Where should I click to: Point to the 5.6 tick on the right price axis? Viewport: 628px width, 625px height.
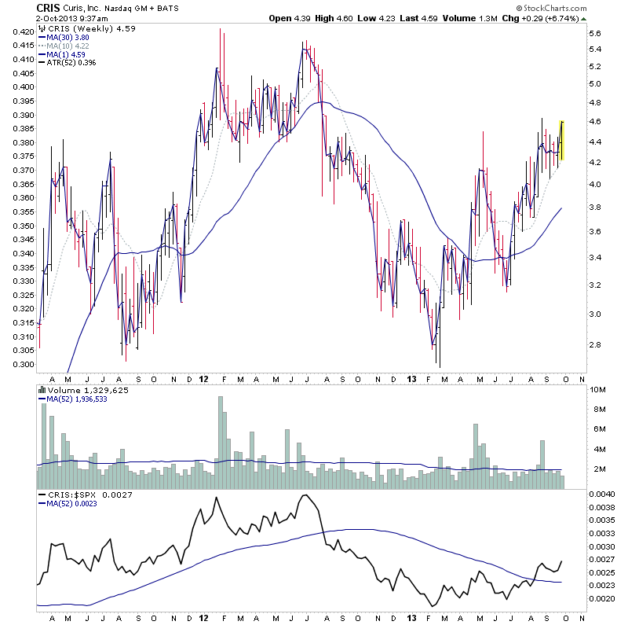[594, 34]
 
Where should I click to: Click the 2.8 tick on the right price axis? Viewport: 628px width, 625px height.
[594, 344]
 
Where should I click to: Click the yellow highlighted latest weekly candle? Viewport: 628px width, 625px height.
[561, 140]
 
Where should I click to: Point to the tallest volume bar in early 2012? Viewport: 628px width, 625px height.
[221, 443]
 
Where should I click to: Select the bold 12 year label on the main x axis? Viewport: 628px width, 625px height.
[204, 378]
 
